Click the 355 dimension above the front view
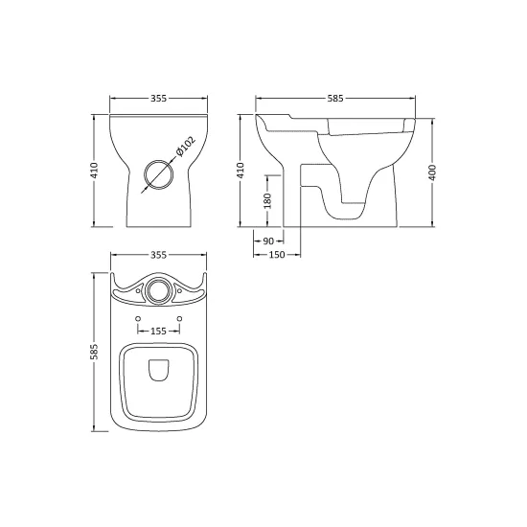click(x=158, y=98)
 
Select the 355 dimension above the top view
click(x=158, y=255)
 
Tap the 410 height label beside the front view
click(x=94, y=171)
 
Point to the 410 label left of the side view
click(x=241, y=171)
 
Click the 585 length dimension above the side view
click(x=335, y=98)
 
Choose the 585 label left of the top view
click(x=95, y=352)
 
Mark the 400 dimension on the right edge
click(x=432, y=172)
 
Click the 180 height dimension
click(x=267, y=200)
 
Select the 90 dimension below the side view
click(x=268, y=241)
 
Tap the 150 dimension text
click(x=277, y=255)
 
